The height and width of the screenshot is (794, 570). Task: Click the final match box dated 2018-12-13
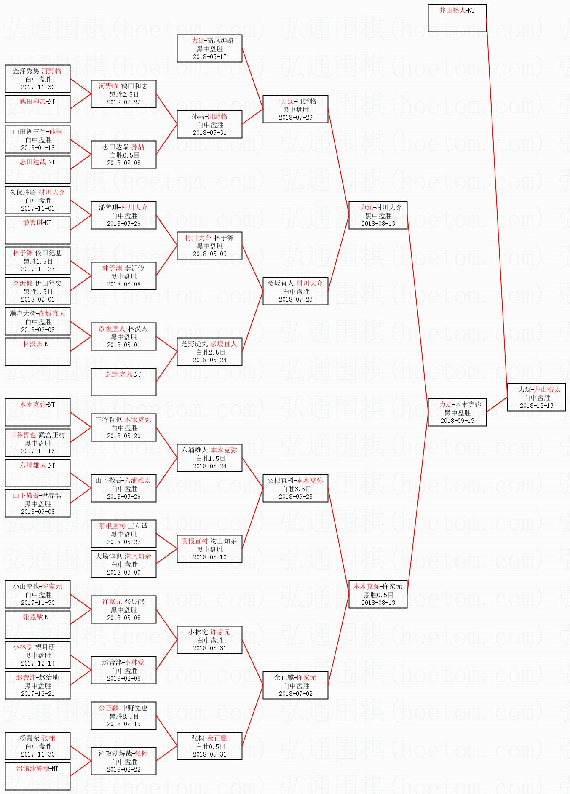(536, 397)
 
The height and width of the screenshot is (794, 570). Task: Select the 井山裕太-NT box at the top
(457, 18)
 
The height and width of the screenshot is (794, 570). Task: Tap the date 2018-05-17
(209, 57)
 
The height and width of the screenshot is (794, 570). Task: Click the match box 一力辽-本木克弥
(457, 412)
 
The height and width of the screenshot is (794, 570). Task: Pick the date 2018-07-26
(295, 118)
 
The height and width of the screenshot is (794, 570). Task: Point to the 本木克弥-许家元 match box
(378, 594)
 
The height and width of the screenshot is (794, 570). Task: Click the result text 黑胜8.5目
(124, 716)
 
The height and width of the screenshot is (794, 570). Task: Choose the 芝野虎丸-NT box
(123, 382)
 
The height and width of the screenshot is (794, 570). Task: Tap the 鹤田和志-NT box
(37, 109)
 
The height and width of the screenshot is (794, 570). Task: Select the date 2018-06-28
(295, 497)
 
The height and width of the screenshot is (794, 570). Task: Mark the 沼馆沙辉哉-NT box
(37, 776)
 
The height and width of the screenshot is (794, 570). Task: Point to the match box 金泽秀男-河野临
(37, 79)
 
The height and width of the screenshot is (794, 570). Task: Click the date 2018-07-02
(295, 694)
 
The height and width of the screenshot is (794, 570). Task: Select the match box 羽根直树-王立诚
(123, 534)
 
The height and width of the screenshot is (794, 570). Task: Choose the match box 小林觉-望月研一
(37, 655)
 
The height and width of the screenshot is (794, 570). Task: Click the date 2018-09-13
(457, 421)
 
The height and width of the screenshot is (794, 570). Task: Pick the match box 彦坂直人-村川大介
(295, 291)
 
